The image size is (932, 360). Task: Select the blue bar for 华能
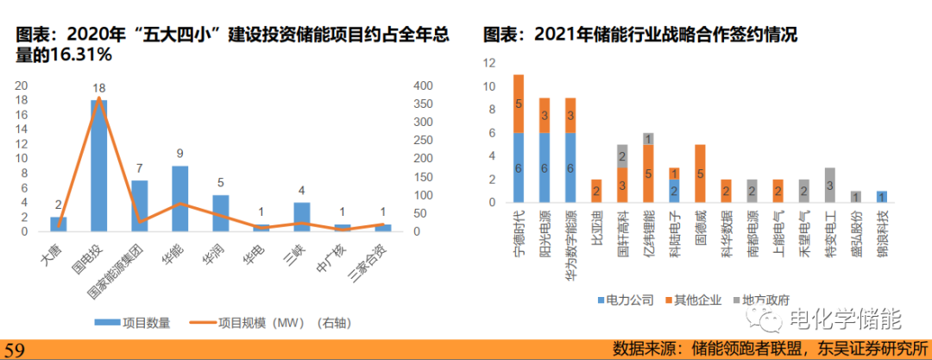tap(179, 199)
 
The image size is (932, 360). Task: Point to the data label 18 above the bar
tap(98, 89)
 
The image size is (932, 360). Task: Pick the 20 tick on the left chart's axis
tap(21, 85)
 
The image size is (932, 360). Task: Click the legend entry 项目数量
tap(137, 323)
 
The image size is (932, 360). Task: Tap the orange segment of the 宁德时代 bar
tap(519, 104)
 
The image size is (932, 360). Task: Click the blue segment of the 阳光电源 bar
tap(545, 167)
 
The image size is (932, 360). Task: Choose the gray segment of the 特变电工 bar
tap(828, 185)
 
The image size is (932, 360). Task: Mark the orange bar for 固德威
tap(700, 174)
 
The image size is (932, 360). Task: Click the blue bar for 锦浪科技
tap(880, 197)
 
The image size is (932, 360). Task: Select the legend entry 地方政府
tap(762, 300)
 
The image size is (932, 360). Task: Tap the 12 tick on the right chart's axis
tap(489, 63)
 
